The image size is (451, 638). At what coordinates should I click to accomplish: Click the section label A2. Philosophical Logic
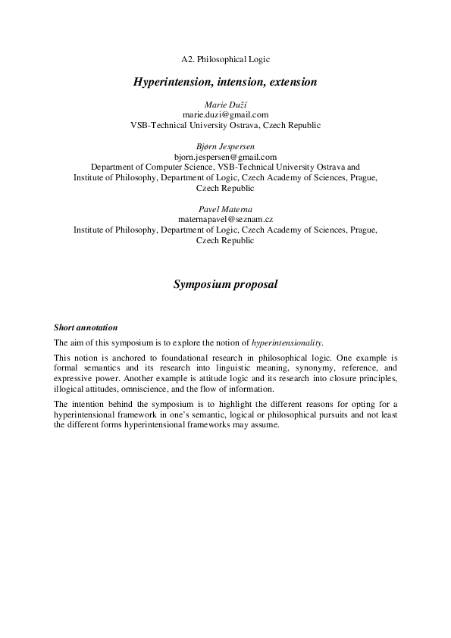pos(225,58)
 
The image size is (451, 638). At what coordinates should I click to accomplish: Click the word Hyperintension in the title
pos(169,80)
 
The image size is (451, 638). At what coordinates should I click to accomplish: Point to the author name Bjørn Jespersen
pos(225,145)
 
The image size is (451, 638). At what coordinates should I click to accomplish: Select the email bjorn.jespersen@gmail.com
pos(225,156)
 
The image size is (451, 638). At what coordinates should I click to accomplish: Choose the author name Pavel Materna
pos(225,208)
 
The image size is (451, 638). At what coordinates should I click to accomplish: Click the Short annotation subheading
pos(86,328)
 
